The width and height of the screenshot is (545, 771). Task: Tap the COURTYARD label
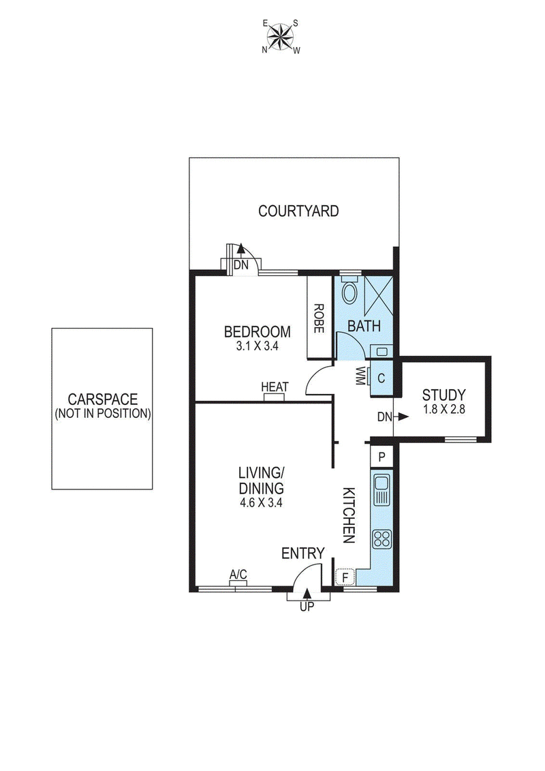[x=298, y=211]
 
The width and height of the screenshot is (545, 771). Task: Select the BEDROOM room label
[x=257, y=332]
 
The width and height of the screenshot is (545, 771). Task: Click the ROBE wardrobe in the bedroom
[x=317, y=318]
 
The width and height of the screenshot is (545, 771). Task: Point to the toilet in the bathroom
[x=349, y=291]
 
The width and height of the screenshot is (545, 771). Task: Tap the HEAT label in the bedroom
[x=275, y=387]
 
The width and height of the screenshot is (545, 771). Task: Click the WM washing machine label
[x=360, y=376]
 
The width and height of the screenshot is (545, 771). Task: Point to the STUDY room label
[x=443, y=395]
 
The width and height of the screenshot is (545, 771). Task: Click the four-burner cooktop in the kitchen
[x=381, y=539]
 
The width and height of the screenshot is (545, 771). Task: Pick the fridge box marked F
[x=345, y=577]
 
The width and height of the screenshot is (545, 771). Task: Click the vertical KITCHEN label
[x=349, y=515]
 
